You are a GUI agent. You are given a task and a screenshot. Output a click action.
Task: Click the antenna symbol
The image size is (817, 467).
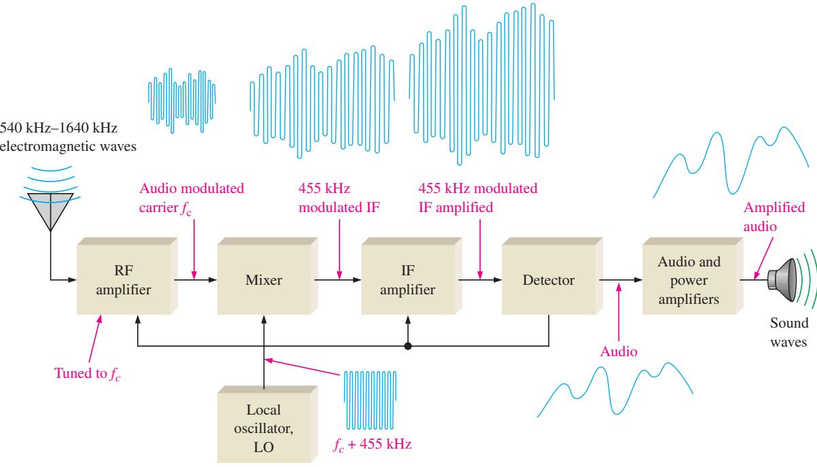tap(50, 212)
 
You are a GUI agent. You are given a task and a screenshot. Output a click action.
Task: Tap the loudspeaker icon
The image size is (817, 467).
tap(782, 280)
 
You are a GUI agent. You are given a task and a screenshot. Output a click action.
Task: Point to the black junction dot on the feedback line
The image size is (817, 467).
tap(407, 346)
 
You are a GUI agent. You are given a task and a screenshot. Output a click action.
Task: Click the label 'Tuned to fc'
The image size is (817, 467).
tap(87, 374)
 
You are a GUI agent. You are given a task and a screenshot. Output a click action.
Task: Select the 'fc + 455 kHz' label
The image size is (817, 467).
tap(372, 445)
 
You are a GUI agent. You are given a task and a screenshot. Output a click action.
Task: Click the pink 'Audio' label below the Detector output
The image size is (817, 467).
tap(619, 351)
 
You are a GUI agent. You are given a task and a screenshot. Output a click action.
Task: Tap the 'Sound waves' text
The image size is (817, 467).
tap(789, 332)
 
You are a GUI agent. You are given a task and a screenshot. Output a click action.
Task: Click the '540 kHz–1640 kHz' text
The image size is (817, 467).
tap(58, 128)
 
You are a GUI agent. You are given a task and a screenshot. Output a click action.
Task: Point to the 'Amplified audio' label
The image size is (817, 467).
tap(774, 217)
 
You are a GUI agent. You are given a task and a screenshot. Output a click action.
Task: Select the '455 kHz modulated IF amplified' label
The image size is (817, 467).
tap(478, 198)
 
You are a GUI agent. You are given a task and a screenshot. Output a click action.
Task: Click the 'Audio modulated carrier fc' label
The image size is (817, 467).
tap(192, 198)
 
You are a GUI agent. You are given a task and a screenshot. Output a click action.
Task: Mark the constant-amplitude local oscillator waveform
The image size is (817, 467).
tap(370, 400)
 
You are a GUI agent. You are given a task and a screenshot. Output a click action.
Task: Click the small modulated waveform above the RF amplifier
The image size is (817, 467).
tap(181, 101)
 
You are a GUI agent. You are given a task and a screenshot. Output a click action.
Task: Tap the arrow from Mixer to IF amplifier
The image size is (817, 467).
tap(338, 280)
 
